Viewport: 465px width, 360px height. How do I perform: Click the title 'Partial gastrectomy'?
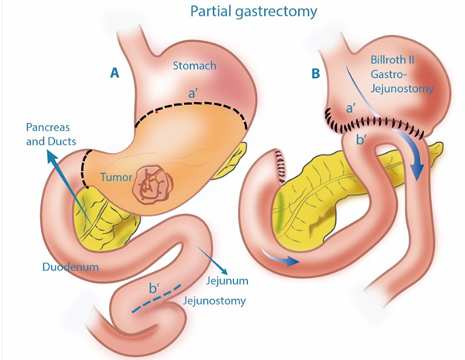point(253,11)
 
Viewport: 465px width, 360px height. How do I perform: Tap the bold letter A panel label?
point(114,73)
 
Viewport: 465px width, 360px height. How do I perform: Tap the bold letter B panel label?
point(316,73)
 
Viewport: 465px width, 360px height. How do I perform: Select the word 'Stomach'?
point(195,66)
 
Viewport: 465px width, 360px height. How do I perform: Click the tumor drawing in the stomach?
point(153,183)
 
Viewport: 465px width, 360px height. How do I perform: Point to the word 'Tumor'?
point(116,177)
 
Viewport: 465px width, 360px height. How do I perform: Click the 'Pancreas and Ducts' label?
point(51,134)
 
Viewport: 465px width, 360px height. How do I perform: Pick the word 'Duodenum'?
point(70,267)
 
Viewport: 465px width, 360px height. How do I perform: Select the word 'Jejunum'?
point(227,280)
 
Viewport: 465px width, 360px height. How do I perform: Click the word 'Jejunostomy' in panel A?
point(215,301)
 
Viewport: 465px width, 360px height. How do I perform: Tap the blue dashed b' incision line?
point(156,299)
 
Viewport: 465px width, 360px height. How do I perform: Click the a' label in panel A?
point(192,94)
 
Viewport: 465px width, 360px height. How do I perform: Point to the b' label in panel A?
point(154,288)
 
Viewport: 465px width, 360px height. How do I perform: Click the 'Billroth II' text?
point(392,60)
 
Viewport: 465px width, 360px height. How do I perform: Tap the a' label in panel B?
point(351,109)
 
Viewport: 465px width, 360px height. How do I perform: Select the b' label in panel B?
point(361,139)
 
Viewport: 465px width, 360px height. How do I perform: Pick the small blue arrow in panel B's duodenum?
point(280,258)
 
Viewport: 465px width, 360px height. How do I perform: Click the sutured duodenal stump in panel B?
point(280,167)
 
